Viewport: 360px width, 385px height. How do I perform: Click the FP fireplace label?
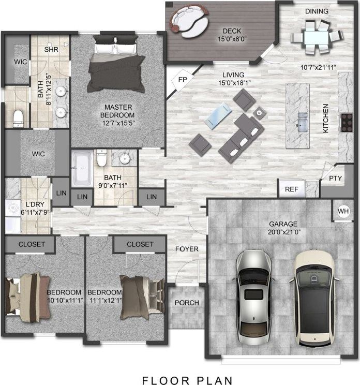(x=182, y=80)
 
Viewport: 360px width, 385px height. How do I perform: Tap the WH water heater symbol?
(x=343, y=211)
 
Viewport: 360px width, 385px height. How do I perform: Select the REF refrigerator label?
(x=291, y=189)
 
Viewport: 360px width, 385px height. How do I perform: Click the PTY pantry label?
(x=335, y=179)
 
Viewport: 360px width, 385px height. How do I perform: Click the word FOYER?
(x=187, y=249)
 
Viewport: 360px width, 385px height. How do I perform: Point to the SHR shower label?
(x=51, y=50)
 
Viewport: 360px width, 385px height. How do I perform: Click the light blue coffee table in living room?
(x=217, y=115)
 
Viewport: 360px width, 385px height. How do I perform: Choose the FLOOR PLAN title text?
(x=187, y=380)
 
